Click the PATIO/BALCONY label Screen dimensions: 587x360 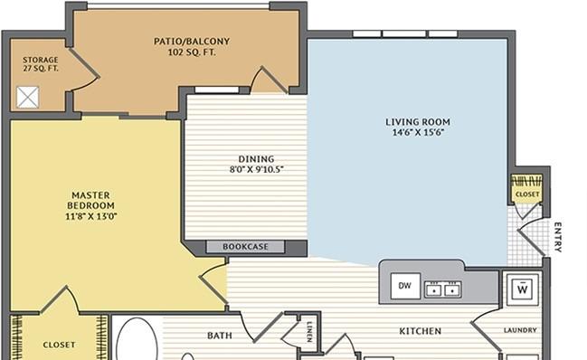[192, 42]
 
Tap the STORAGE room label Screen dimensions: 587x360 [41, 60]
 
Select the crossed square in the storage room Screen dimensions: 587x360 [27, 98]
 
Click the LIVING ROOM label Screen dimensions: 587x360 [418, 122]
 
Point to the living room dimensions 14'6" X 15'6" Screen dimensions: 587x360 [418, 132]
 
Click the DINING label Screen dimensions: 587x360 [257, 159]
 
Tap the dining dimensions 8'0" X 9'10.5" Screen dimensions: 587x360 [257, 169]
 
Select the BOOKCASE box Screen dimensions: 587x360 [246, 247]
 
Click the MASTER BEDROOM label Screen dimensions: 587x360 [91, 200]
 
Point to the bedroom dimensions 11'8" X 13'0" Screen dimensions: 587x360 [91, 216]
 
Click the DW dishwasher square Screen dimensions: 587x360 [405, 286]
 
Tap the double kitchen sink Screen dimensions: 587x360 [443, 289]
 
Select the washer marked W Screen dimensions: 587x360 [522, 289]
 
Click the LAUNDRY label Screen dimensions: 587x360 [520, 330]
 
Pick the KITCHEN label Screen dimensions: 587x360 [420, 331]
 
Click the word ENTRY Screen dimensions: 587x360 [557, 237]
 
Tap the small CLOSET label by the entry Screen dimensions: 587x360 [527, 194]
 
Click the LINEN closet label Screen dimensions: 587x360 [309, 332]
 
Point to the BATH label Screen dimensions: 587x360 [220, 336]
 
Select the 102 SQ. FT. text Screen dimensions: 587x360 [192, 52]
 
